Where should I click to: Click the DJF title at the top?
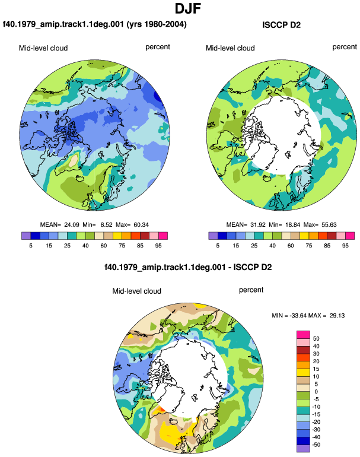pos(188,8)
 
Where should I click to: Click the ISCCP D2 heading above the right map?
pos(281,25)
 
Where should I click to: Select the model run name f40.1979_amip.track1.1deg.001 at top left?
pos(63,24)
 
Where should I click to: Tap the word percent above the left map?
pos(158,47)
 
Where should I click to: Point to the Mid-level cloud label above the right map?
pos(230,48)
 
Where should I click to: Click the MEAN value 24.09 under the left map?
pos(72,225)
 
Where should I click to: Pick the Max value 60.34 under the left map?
pos(141,225)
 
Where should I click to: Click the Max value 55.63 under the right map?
pos(329,225)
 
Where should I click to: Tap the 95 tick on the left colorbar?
pos(158,246)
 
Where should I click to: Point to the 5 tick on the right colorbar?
pos(218,246)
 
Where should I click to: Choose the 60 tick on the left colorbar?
pos(103,246)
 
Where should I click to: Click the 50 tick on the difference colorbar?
pos(316,339)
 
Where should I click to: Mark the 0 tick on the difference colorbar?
pos(316,392)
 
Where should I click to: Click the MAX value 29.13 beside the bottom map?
pos(337,315)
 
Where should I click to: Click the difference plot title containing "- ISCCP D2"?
pos(188,267)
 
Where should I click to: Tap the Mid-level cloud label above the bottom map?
pos(136,291)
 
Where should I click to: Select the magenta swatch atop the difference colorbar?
pos(303,335)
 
